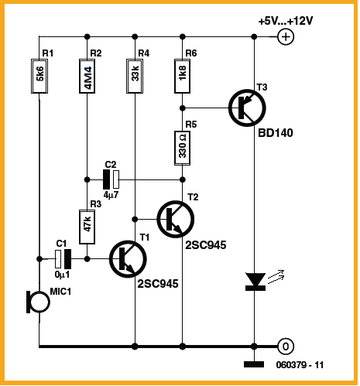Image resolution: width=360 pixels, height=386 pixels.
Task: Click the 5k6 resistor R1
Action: click(x=39, y=76)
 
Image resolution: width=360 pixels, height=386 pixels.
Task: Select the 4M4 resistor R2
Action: click(x=87, y=76)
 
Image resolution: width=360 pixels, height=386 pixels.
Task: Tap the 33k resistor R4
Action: click(x=135, y=76)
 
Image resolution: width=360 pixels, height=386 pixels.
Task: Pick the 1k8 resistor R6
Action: click(x=183, y=76)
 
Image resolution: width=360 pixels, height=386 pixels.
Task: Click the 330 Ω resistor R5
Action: click(x=183, y=148)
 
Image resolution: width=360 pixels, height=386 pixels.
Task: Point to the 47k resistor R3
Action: click(x=87, y=227)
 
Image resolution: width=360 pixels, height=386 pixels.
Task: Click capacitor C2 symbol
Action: click(x=111, y=179)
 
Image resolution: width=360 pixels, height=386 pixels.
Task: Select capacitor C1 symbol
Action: click(x=63, y=258)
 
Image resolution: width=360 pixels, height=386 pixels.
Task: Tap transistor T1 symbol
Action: click(x=128, y=259)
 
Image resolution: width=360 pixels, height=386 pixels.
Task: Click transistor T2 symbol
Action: click(x=176, y=219)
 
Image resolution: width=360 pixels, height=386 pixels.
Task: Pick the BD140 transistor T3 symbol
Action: click(x=247, y=108)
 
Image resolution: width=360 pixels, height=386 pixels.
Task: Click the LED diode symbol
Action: click(x=255, y=282)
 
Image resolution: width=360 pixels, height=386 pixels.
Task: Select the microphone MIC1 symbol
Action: click(x=38, y=302)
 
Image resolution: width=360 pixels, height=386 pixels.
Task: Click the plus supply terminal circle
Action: click(x=286, y=36)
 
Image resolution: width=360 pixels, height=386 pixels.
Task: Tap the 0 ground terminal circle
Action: click(x=286, y=347)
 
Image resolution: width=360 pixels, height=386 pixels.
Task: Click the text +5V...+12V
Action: click(x=286, y=21)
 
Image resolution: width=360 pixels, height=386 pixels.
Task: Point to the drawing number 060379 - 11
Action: click(x=300, y=365)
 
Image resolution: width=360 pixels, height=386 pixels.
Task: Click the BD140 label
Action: click(x=276, y=133)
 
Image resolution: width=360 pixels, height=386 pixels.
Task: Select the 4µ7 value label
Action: click(x=111, y=195)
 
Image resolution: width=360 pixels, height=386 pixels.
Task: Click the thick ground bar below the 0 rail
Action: click(x=254, y=364)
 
